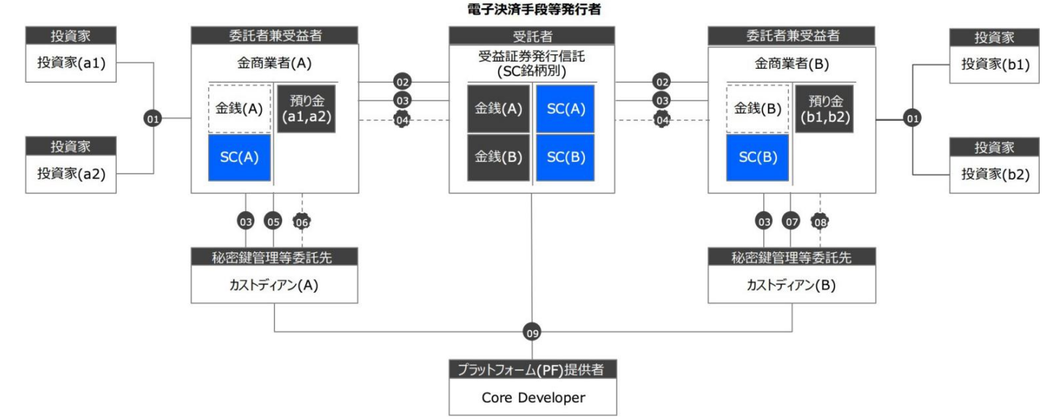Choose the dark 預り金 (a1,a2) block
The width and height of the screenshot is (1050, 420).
(x=306, y=108)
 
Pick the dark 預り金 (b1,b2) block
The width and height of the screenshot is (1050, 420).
(x=823, y=108)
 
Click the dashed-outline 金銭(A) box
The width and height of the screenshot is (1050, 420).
(x=240, y=108)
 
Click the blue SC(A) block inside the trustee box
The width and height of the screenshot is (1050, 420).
(x=565, y=108)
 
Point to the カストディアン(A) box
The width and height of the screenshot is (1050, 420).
(x=274, y=284)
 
